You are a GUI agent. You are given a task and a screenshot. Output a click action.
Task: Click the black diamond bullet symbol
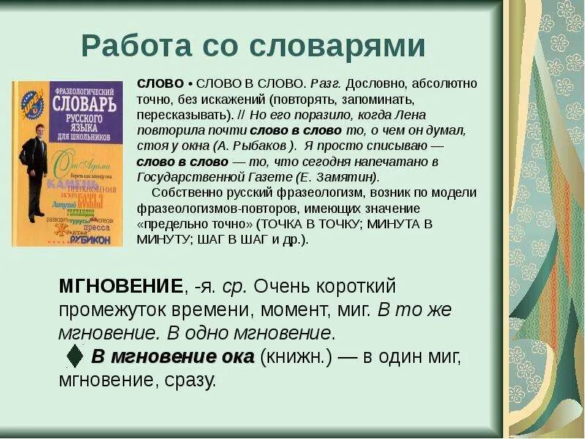74,356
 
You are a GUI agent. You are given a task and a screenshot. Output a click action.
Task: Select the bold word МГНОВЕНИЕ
121,285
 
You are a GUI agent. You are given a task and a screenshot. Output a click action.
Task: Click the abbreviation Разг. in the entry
325,83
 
